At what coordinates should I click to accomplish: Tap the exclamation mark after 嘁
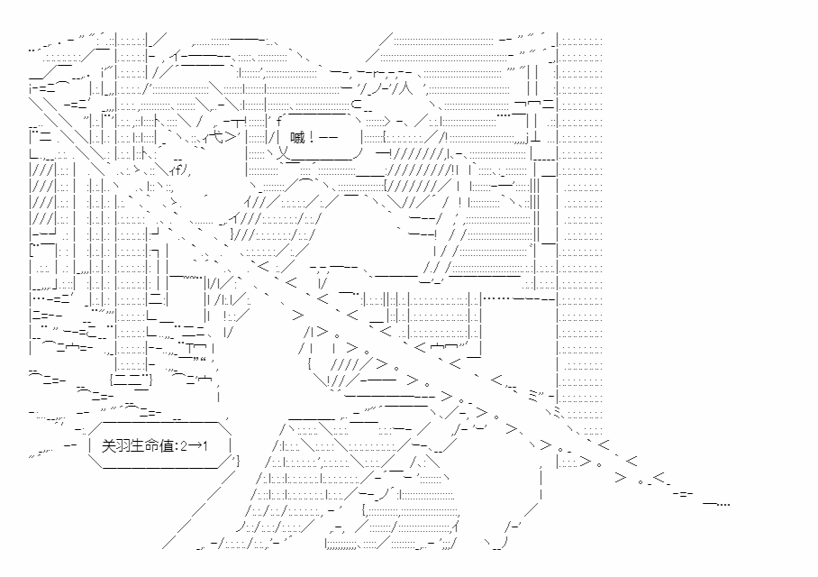coord(312,138)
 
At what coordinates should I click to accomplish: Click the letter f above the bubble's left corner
coord(280,118)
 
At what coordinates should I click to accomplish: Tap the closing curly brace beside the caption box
coord(236,461)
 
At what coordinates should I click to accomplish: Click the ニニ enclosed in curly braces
coord(131,380)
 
